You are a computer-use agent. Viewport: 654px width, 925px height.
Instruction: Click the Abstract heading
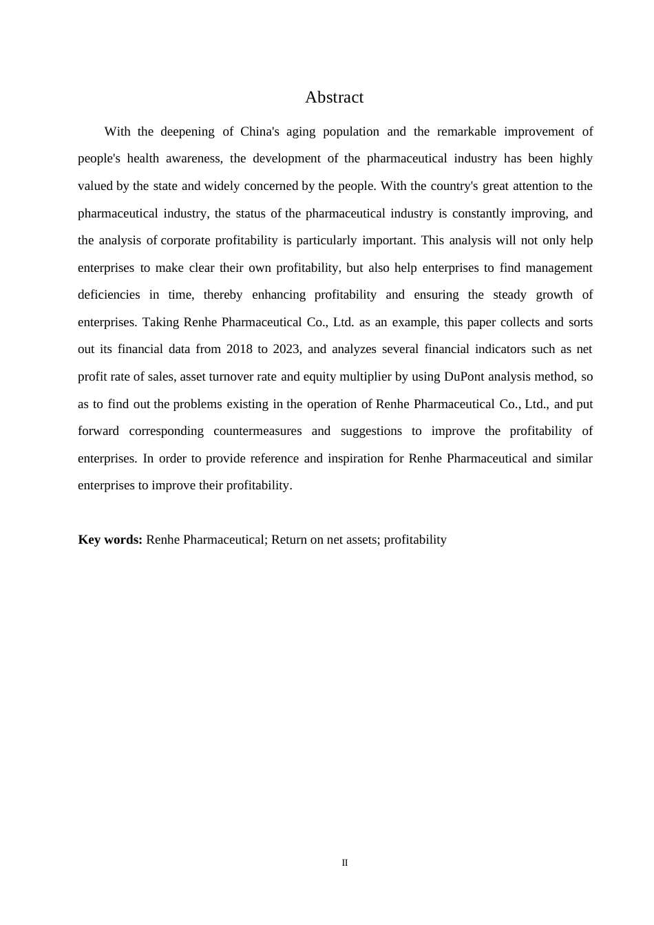coord(334,98)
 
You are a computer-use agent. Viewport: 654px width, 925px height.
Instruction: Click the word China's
coord(260,131)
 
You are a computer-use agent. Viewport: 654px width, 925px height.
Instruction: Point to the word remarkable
coord(466,131)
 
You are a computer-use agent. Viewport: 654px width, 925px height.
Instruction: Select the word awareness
coord(193,159)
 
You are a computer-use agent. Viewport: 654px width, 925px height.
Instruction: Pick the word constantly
coord(478,213)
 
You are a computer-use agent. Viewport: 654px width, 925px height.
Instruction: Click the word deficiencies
coord(109,295)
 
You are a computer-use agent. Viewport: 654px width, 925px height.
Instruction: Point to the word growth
coord(554,295)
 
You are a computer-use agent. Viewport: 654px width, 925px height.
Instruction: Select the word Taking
coord(160,322)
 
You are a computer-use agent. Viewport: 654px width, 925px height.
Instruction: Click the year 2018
coord(239,349)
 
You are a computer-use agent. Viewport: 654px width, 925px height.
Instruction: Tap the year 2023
coord(286,349)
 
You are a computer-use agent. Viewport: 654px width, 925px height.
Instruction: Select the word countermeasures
coord(257,431)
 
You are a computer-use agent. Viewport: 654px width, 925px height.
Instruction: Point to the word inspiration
coord(350,458)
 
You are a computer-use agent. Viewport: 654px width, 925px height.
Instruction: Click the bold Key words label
coord(110,540)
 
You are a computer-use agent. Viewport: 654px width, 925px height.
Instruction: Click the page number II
coord(345,863)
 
